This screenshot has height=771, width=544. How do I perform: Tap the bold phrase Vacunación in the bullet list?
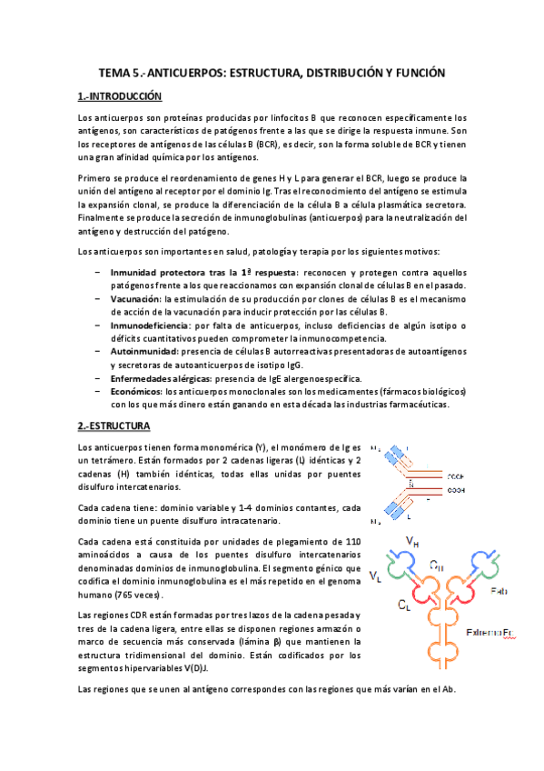(x=135, y=299)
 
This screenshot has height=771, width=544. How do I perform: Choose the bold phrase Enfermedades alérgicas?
(x=161, y=377)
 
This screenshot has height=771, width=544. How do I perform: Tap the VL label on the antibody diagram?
(x=375, y=575)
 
